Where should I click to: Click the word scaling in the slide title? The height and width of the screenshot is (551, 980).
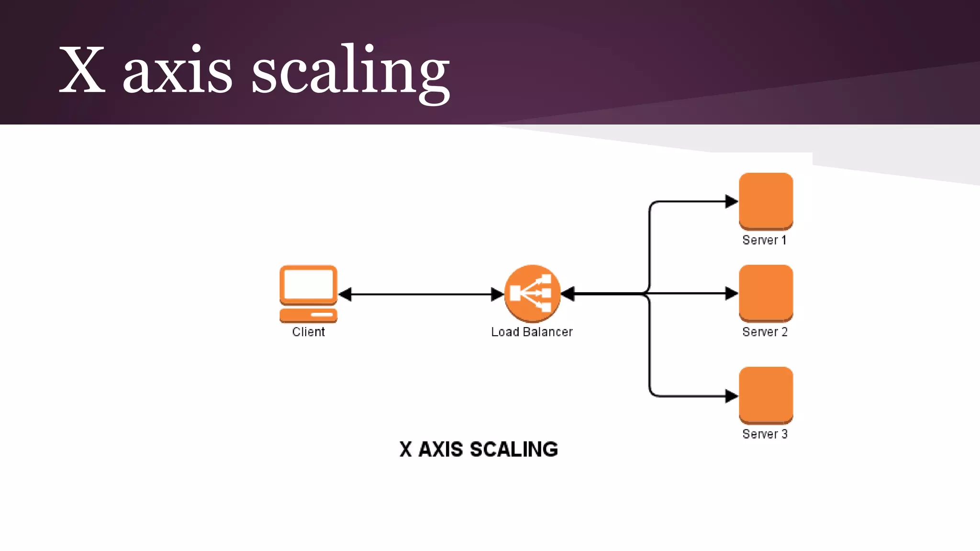350,72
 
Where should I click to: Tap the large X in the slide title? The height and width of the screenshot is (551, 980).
82,70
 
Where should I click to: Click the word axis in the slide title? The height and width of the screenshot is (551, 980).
178,72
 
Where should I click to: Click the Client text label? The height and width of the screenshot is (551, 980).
309,332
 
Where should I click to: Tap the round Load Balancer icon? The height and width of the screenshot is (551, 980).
532,293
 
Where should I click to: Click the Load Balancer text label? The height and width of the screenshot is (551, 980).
532,332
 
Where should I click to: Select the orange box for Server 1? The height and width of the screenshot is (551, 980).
766,201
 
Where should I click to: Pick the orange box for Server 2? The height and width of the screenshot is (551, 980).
766,293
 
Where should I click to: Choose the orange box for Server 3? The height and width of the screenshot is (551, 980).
766,395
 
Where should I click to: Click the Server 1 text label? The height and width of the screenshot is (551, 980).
764,240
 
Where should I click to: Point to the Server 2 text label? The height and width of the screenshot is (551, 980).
765,332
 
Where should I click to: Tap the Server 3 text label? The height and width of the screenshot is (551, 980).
765,434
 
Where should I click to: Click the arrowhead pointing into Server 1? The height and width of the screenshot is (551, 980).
731,201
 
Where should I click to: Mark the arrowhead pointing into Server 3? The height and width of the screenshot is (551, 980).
731,396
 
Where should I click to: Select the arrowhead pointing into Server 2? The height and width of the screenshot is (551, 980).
731,293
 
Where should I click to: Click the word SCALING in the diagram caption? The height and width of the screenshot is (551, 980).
513,450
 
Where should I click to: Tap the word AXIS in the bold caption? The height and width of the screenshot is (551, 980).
441,450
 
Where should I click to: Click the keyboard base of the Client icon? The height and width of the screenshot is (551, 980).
309,316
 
